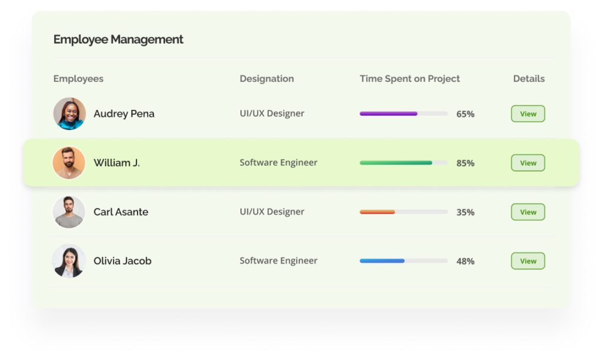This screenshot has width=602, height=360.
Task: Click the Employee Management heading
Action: coord(118,39)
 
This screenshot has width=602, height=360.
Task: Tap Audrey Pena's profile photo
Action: coord(69,114)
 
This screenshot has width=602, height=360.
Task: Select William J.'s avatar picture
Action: coord(69,163)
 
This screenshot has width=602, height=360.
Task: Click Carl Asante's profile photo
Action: coord(69,212)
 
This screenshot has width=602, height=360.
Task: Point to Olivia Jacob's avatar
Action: coord(69,261)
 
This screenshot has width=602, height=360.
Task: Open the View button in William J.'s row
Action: coord(528,163)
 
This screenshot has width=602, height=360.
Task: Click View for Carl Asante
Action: coord(528,212)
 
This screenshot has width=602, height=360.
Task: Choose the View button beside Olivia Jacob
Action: coord(528,261)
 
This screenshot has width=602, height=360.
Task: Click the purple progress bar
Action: coord(389,114)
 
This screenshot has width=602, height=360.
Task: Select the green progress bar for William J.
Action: coord(396,163)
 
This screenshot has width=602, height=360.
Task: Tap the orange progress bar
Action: coord(377,212)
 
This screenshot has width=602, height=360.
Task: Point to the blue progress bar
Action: coord(382,261)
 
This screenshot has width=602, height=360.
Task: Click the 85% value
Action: coord(465,163)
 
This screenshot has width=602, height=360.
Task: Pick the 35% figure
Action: coord(465,212)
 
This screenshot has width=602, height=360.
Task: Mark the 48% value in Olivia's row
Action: coord(465,261)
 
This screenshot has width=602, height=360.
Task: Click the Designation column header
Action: coord(266,79)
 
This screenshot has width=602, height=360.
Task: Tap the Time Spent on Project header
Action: coord(410,79)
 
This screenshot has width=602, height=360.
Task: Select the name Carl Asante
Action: coord(121,212)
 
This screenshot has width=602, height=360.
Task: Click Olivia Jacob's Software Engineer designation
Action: coord(278,261)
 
